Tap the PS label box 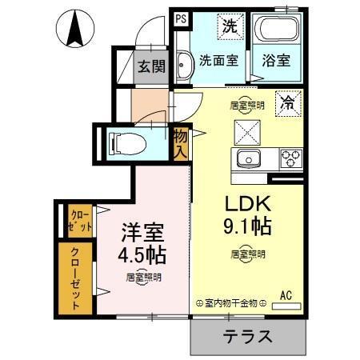[181, 17]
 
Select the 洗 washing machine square [230, 26]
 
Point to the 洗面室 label [218, 59]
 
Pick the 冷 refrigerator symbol [286, 102]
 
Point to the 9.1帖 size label [249, 226]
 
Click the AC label [286, 294]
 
